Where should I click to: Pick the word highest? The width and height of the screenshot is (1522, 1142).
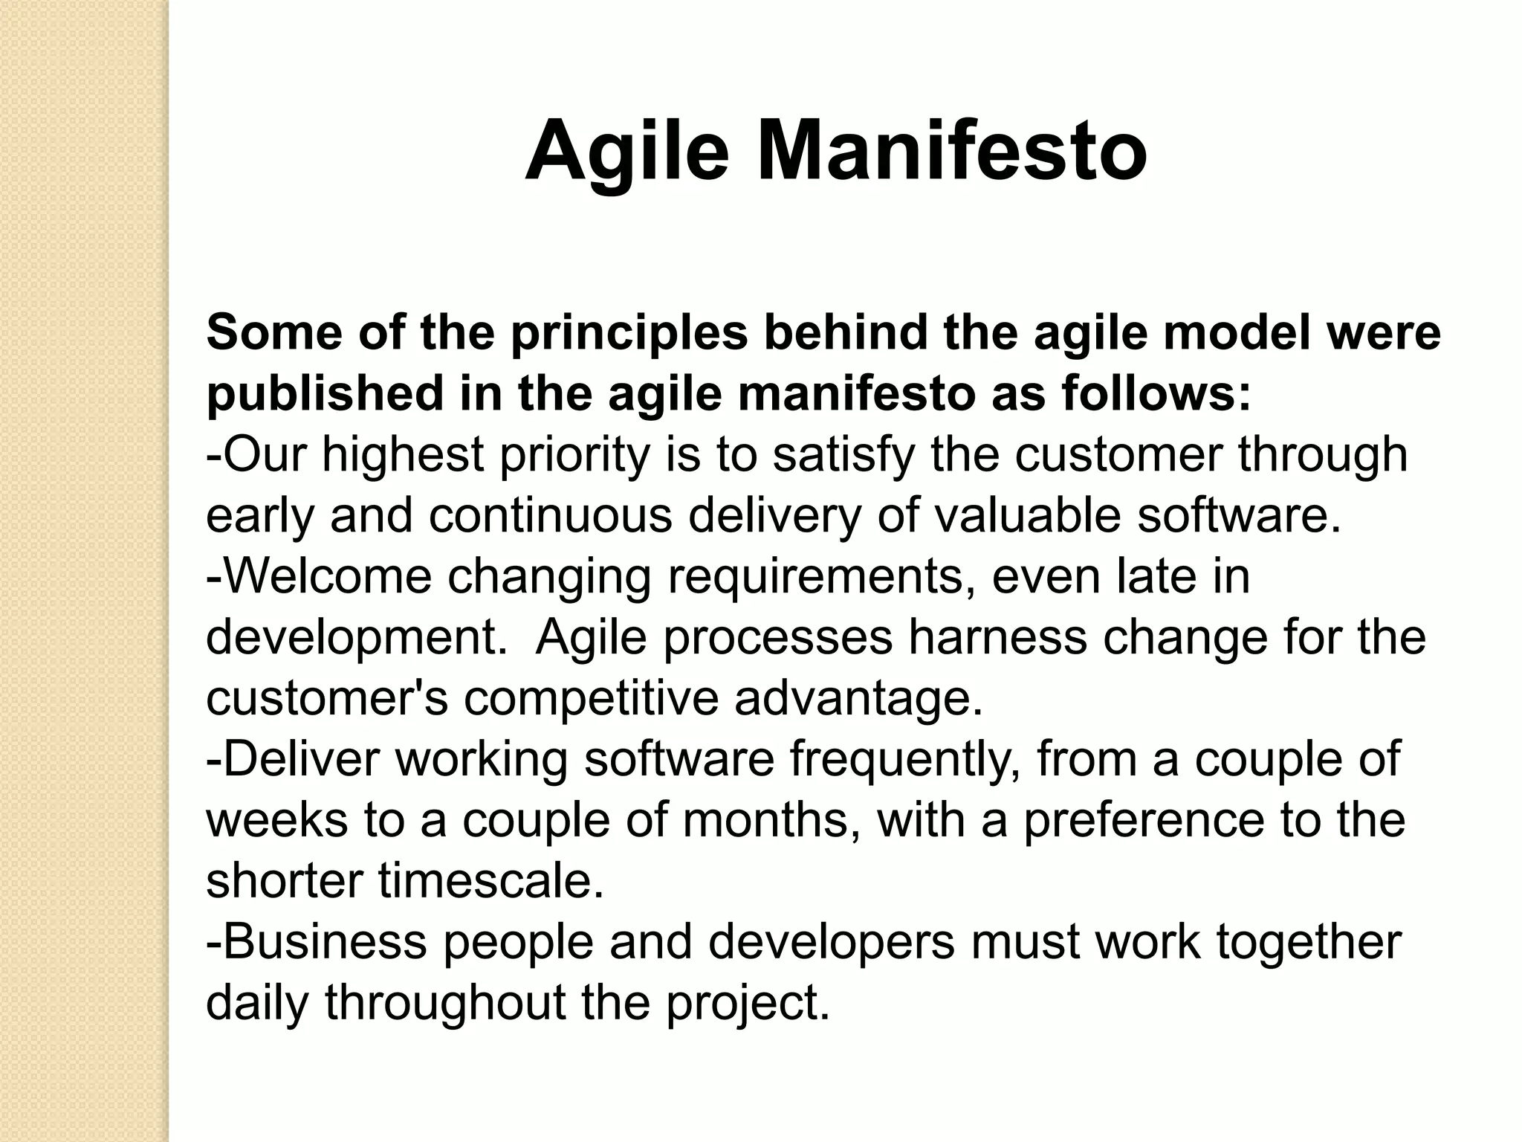click(x=403, y=456)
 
